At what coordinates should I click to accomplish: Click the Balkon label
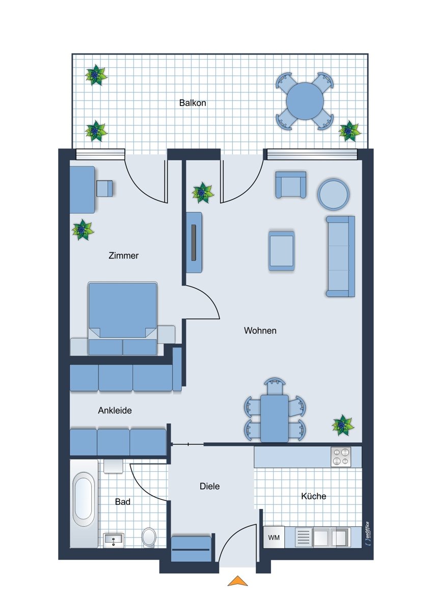(193, 103)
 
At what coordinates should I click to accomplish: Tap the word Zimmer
(123, 256)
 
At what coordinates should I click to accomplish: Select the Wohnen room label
(260, 330)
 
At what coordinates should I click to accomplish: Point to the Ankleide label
(115, 411)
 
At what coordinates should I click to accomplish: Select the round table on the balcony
(305, 101)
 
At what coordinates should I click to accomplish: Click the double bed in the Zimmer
(123, 318)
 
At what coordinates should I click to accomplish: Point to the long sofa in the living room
(341, 256)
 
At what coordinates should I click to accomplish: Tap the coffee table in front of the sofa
(281, 251)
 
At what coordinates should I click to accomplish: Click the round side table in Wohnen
(333, 194)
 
